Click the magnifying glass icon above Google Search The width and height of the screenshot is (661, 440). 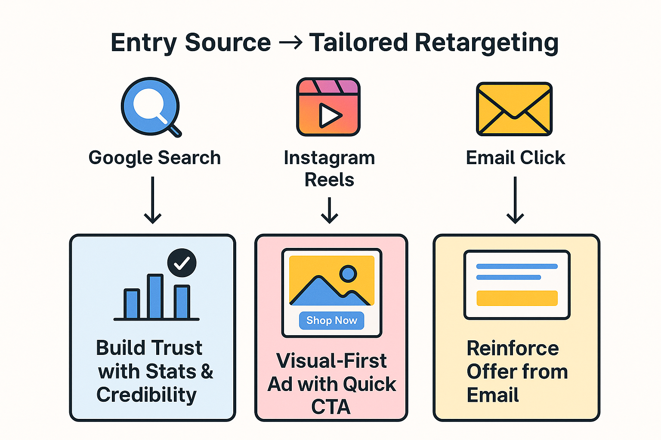tap(150, 106)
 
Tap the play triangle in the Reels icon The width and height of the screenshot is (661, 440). tap(329, 115)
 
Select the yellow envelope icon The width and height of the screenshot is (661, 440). tap(514, 109)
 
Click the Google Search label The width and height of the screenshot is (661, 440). tap(154, 158)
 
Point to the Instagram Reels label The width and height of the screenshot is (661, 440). tap(329, 168)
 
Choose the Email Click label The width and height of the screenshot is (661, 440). tap(515, 158)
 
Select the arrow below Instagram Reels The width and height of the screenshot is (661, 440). tap(330, 210)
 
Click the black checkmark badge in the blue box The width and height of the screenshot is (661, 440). tap(182, 263)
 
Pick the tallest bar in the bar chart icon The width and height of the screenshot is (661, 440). tap(155, 296)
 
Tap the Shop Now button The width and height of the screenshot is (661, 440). tap(331, 321)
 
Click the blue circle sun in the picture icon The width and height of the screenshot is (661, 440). tap(348, 273)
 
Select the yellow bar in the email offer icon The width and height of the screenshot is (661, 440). tap(517, 298)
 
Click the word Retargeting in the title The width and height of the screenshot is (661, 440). tap(486, 43)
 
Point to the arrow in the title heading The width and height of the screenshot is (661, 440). tap(290, 43)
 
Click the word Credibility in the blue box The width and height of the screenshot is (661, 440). tap(146, 395)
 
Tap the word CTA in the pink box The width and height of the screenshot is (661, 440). tap(331, 407)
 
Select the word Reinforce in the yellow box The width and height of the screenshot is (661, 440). tap(513, 348)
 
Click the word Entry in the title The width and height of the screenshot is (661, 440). tap(144, 43)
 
